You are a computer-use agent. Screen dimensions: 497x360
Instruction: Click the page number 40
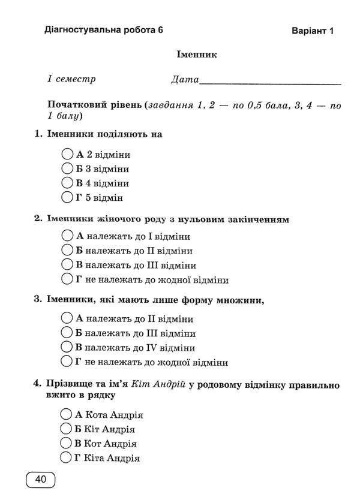(x=41, y=479)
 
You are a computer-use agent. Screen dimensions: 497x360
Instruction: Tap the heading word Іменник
(x=196, y=55)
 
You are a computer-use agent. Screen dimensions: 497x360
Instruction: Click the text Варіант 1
(x=312, y=31)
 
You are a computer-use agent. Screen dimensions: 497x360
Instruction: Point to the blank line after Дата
(x=270, y=80)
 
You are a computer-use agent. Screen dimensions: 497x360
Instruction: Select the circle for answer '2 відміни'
(x=67, y=154)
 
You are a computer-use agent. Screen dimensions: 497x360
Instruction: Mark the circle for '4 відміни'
(x=67, y=183)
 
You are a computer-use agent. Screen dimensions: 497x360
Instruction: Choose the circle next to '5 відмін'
(x=67, y=197)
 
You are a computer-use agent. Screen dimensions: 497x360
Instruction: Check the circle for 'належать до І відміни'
(x=67, y=236)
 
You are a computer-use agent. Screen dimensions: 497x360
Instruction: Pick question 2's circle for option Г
(x=67, y=279)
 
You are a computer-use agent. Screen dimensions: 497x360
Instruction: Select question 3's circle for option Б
(x=67, y=333)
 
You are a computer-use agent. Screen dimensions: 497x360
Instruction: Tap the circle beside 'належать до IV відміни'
(x=67, y=347)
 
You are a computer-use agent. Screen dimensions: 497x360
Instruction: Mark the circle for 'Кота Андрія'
(x=67, y=415)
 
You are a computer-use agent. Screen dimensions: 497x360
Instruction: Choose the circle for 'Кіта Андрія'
(x=67, y=459)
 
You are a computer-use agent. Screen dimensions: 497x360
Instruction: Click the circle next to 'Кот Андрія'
(x=67, y=444)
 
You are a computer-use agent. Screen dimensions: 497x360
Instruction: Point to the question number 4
(x=38, y=382)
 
